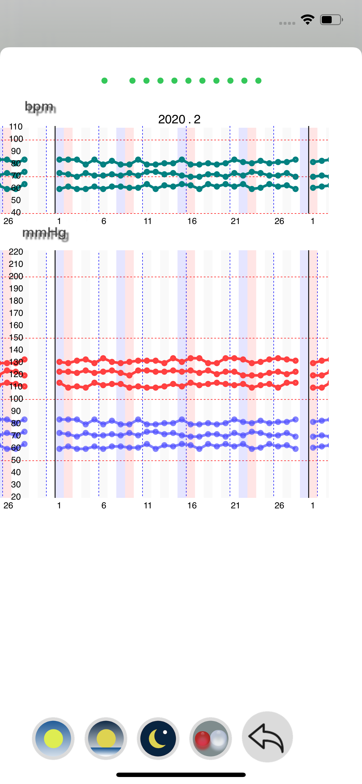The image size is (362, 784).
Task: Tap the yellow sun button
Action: [x=53, y=738]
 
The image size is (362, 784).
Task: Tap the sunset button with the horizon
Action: [x=106, y=738]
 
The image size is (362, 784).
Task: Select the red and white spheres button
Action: [x=210, y=738]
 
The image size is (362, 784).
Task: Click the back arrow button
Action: [x=267, y=736]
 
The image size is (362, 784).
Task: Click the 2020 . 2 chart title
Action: [x=179, y=119]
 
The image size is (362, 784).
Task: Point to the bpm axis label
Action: [x=40, y=107]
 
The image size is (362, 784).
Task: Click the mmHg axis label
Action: [x=45, y=233]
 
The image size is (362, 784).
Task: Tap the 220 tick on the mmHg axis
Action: [x=16, y=252]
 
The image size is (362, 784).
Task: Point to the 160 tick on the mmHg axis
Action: [x=16, y=325]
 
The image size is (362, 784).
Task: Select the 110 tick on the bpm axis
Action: [x=16, y=127]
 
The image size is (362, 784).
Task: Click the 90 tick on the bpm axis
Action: [x=16, y=151]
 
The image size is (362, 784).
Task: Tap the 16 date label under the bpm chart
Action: [x=192, y=221]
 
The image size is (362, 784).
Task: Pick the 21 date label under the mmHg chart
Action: [x=235, y=505]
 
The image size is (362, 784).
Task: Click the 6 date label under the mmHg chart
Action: [x=104, y=505]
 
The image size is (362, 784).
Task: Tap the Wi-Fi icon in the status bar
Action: [x=307, y=20]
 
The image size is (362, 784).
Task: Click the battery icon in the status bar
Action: [x=331, y=20]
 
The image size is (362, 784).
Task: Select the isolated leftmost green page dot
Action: [x=104, y=81]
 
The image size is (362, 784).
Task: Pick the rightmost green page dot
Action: [x=258, y=81]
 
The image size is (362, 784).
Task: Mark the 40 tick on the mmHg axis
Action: [x=16, y=472]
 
